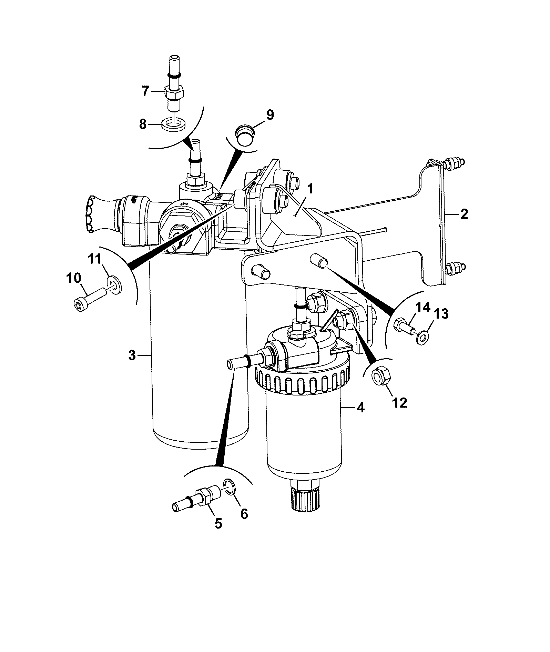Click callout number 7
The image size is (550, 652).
(145, 91)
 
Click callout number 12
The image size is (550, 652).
(399, 402)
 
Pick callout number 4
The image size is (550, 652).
(360, 408)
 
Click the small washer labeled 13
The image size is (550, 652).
(422, 337)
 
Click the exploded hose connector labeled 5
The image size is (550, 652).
(196, 498)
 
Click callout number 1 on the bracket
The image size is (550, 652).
(310, 189)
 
